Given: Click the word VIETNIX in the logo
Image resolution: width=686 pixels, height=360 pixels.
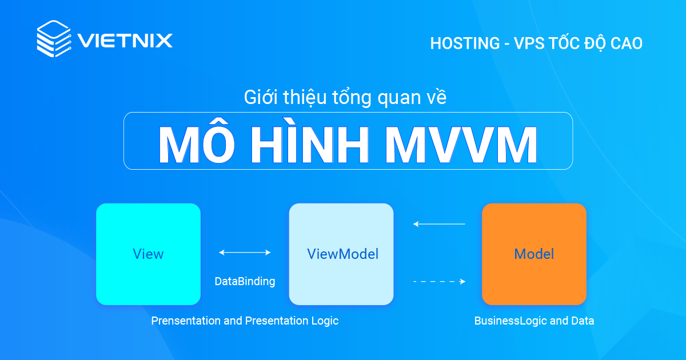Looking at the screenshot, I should pos(125,41).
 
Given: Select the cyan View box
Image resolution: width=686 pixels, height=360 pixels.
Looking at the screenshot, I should pos(148,254).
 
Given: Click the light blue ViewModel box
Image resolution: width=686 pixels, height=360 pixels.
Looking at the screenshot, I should pos(341,254).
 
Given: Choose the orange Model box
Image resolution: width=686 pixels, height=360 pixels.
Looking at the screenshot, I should pos(534,254).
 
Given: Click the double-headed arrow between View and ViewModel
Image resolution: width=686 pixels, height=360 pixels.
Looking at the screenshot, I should pos(245,252).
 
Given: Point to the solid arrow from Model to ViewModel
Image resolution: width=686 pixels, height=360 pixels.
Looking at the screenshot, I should pos(439,224).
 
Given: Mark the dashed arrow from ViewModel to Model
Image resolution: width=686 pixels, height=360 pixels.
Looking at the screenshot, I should pos(439,281).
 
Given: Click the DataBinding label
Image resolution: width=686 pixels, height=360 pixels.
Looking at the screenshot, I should pos(245,281).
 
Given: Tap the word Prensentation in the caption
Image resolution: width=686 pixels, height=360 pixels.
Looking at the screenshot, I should pos(185,321).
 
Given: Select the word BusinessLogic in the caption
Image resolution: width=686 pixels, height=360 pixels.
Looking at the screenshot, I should pos(510,321).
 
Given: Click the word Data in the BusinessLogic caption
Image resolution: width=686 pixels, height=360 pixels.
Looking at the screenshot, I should pos(583,321).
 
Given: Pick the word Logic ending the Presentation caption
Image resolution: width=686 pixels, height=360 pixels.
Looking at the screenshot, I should pos(325,321).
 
